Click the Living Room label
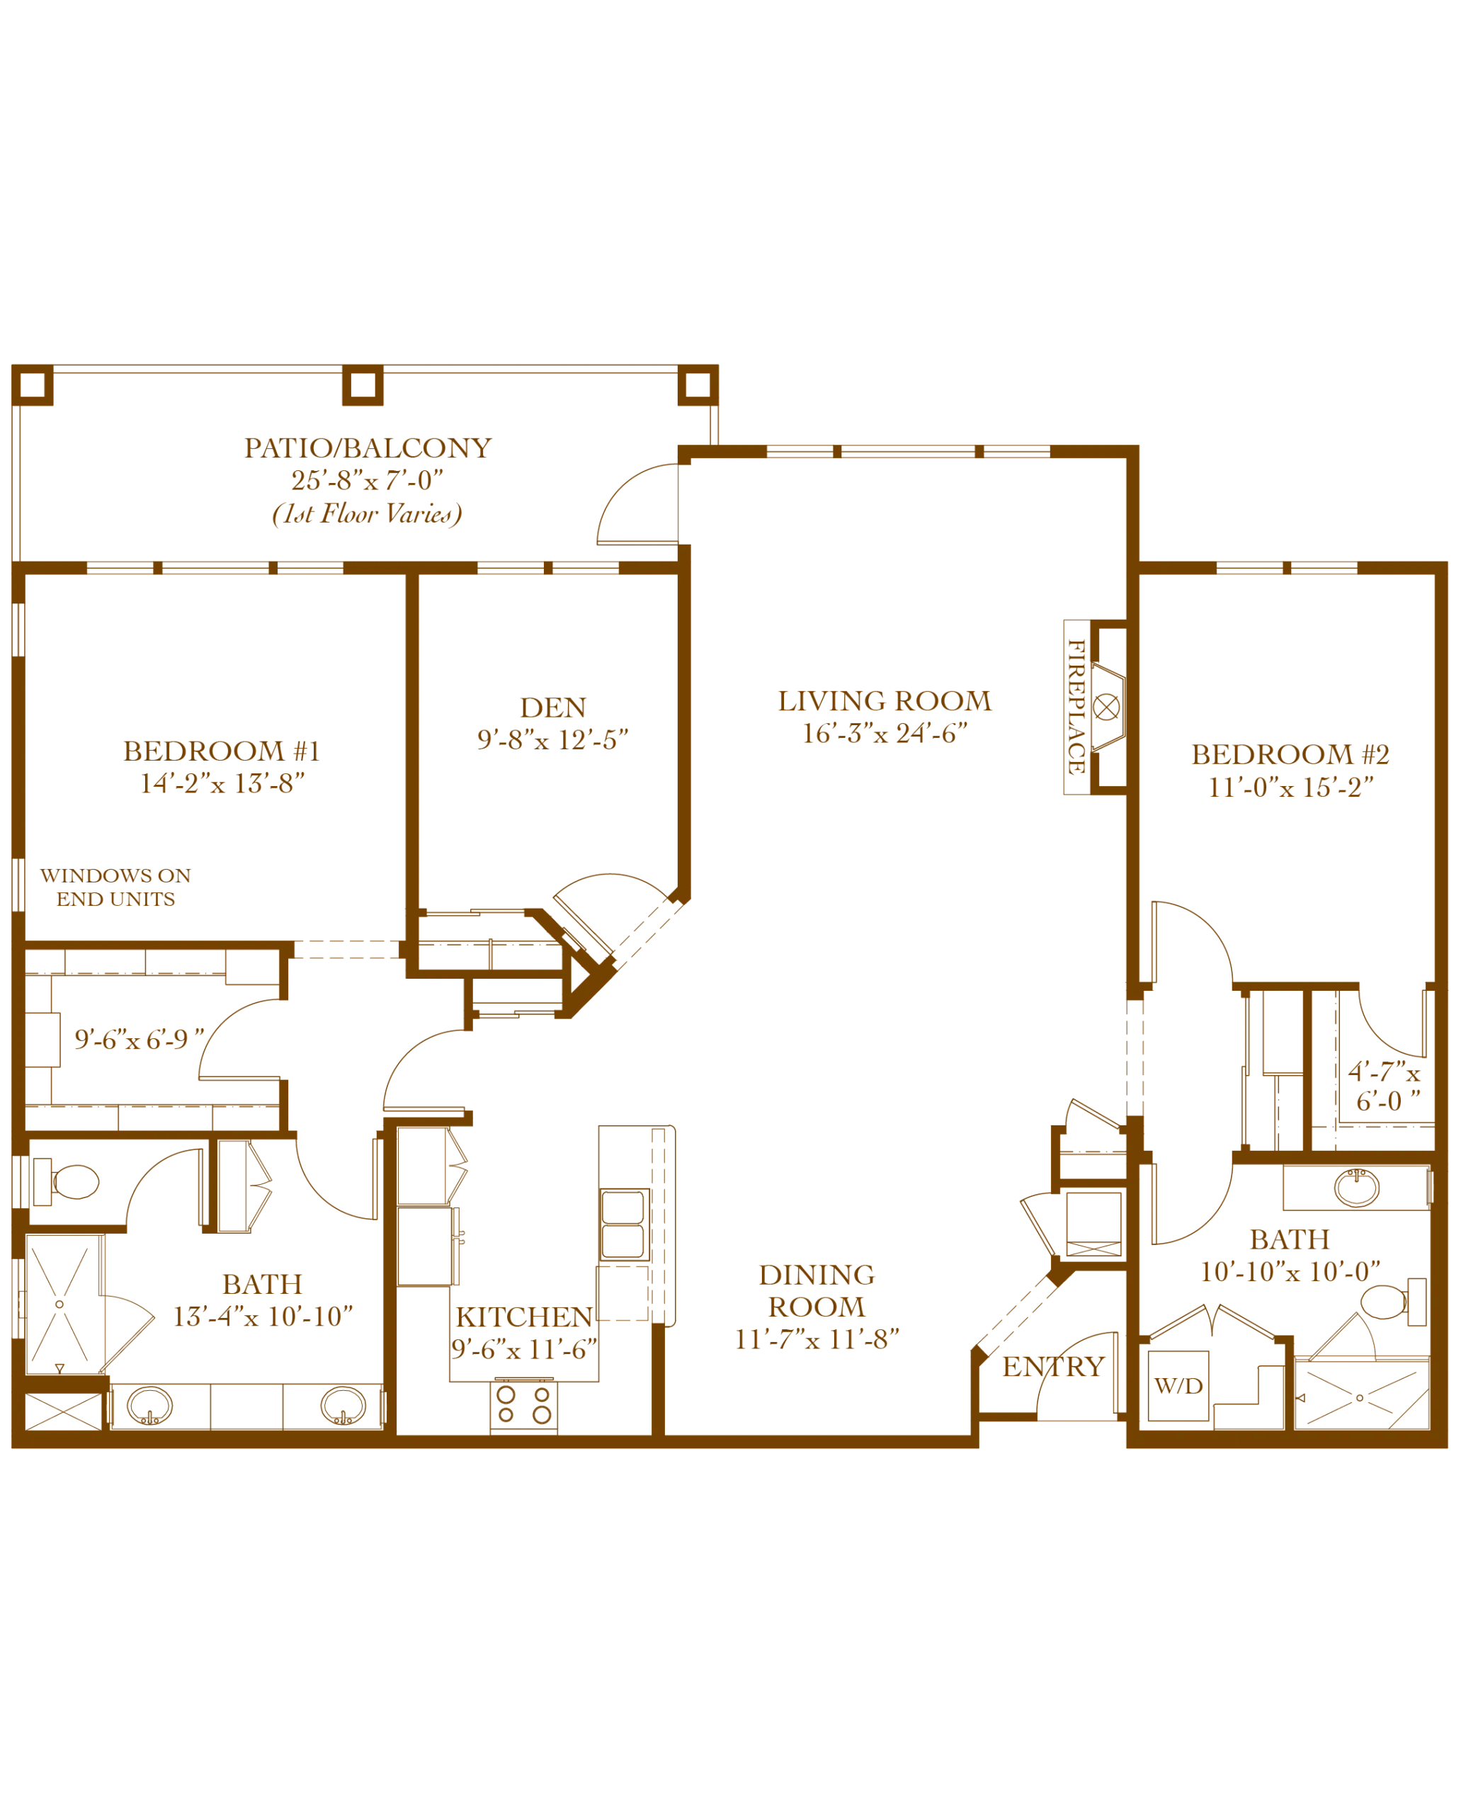pos(885,700)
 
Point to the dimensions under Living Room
pos(880,734)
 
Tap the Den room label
pos(551,709)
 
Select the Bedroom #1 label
pos(220,751)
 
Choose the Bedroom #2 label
pos(1291,754)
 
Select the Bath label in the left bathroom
pos(263,1283)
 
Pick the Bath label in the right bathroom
pos(1290,1241)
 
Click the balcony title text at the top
pos(368,447)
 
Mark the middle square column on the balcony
pos(363,387)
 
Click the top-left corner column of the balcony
pos(34,387)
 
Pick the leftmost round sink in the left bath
pos(149,1406)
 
